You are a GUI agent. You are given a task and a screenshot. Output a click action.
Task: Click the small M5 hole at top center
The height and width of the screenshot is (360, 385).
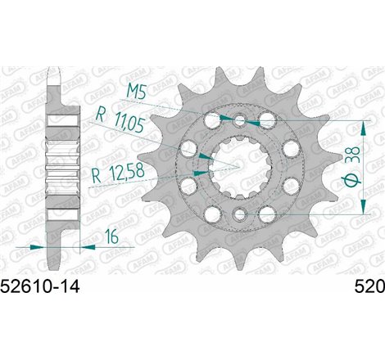[239, 121]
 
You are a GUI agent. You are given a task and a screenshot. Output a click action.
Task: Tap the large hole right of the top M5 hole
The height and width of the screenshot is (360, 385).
[266, 122]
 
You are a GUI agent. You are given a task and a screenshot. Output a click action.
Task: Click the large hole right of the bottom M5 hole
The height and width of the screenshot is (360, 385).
[266, 214]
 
